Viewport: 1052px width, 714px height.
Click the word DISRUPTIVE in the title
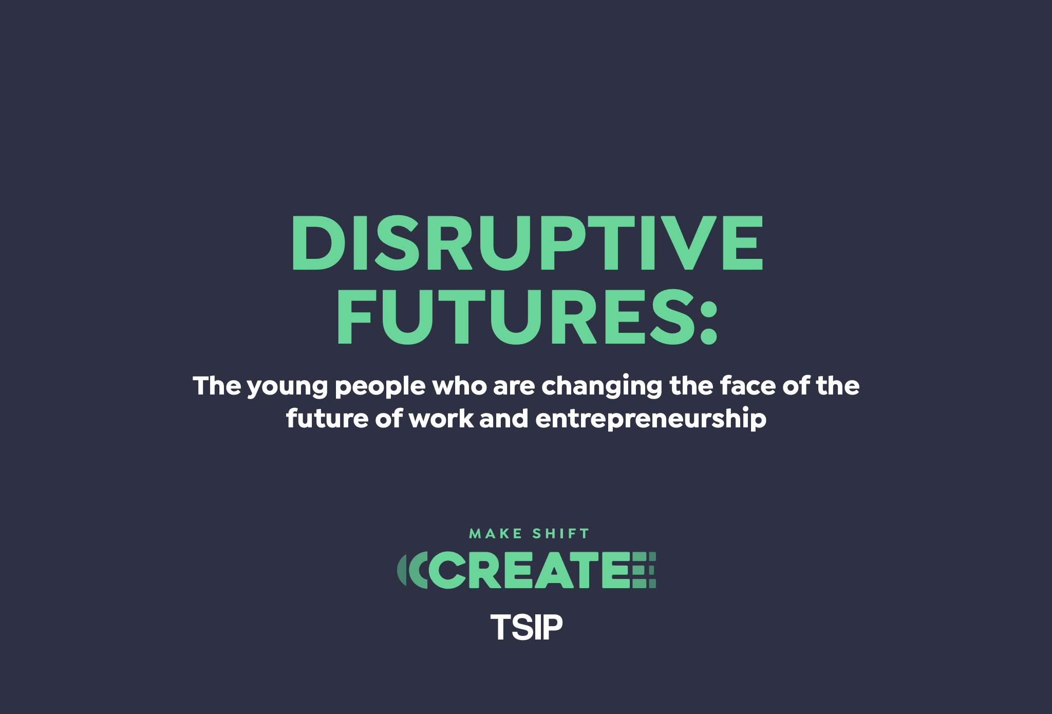(x=528, y=242)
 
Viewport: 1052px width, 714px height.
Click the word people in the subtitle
(x=380, y=387)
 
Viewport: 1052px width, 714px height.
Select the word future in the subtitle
(x=327, y=418)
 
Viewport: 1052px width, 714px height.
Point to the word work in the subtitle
(x=441, y=418)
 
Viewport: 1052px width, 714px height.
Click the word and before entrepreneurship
(x=504, y=418)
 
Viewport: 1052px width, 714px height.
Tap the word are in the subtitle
(x=514, y=387)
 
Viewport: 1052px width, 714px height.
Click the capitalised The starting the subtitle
(x=217, y=386)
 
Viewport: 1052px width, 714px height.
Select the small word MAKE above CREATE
(x=496, y=534)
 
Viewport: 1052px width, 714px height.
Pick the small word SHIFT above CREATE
(x=560, y=534)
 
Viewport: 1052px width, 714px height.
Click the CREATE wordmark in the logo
(x=530, y=570)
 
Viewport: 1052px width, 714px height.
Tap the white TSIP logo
(x=527, y=627)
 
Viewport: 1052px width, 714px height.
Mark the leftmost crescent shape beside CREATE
(x=401, y=570)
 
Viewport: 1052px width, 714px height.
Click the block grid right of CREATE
(x=644, y=570)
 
